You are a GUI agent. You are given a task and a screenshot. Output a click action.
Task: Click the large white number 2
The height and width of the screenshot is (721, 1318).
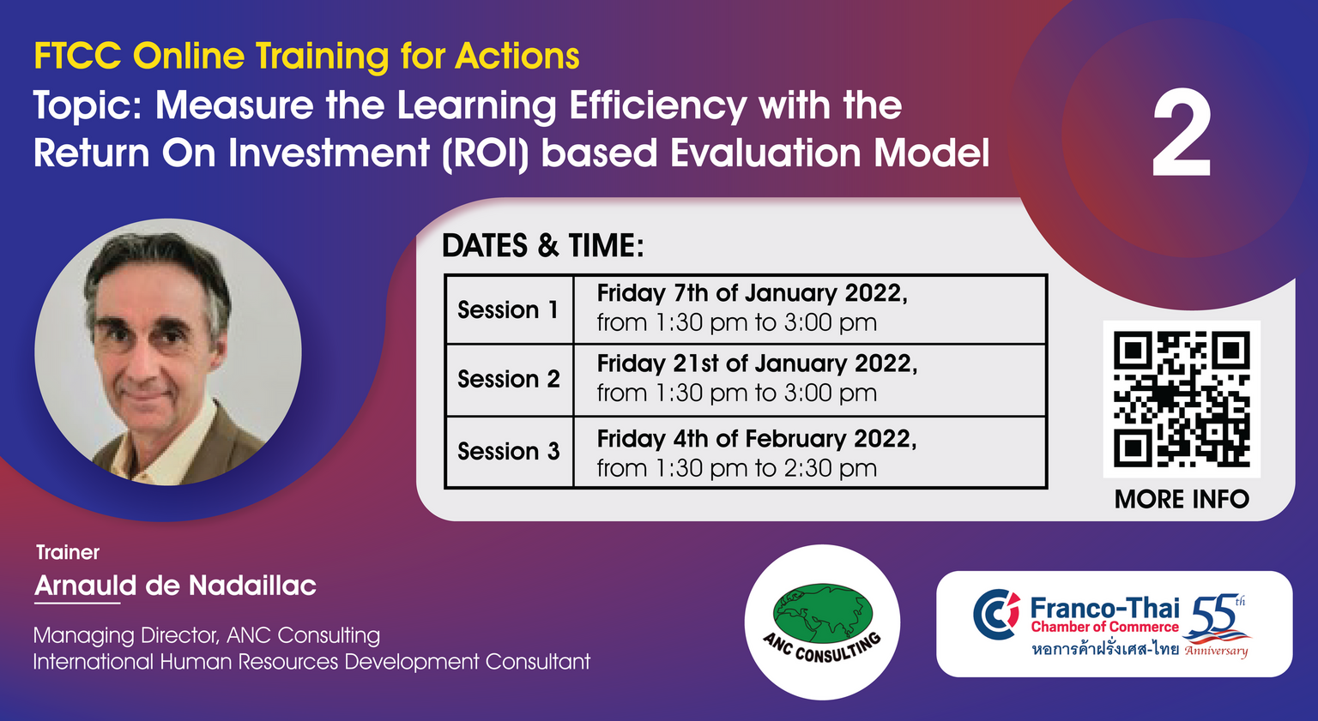pyautogui.click(x=1182, y=133)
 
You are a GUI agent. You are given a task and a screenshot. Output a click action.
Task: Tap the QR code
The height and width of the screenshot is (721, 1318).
pyautogui.click(x=1182, y=399)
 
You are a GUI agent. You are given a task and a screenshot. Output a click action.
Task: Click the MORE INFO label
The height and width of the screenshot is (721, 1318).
pyautogui.click(x=1182, y=499)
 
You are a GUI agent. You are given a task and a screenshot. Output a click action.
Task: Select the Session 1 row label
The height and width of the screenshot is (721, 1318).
pyautogui.click(x=508, y=309)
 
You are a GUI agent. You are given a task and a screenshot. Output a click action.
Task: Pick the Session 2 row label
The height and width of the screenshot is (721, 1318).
pyautogui.click(x=508, y=379)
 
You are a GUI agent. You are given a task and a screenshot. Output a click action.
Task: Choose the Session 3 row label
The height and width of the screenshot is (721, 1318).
pyautogui.click(x=508, y=451)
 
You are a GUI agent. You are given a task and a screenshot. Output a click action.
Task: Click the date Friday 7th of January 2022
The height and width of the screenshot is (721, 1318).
pyautogui.click(x=752, y=293)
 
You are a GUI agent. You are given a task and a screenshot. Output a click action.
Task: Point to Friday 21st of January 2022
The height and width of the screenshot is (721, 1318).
pyautogui.click(x=758, y=364)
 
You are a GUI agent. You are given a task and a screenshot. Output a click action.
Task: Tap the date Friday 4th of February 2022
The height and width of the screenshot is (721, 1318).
pyautogui.click(x=757, y=439)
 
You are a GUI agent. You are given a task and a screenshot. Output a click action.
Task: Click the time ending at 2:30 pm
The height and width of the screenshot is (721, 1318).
pyautogui.click(x=737, y=469)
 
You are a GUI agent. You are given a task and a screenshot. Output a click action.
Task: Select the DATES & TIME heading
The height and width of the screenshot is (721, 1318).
pyautogui.click(x=542, y=245)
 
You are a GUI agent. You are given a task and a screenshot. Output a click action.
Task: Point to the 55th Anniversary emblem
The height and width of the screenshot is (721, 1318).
pyautogui.click(x=1217, y=625)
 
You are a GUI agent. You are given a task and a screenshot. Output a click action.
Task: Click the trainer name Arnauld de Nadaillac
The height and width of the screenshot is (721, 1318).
pyautogui.click(x=175, y=586)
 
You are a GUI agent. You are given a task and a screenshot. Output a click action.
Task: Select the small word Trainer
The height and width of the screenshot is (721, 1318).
pyautogui.click(x=68, y=552)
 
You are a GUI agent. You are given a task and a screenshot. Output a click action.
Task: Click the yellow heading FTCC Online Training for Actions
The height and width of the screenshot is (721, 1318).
pyautogui.click(x=306, y=57)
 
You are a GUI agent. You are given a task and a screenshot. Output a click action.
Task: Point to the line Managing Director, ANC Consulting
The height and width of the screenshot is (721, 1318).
pyautogui.click(x=207, y=636)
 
